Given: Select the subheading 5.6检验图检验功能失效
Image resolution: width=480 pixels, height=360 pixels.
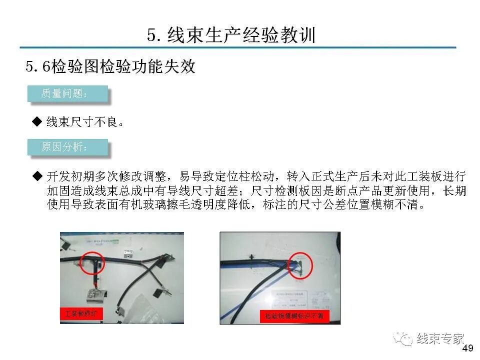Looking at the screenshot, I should click(x=110, y=67).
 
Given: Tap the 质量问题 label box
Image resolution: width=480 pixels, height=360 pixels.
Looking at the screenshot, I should click(x=67, y=94).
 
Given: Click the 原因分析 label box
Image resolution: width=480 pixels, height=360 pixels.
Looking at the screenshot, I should click(x=67, y=147).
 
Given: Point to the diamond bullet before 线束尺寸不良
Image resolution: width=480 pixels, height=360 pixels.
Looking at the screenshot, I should click(x=36, y=121).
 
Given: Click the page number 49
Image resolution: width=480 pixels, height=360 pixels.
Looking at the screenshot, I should click(x=468, y=348).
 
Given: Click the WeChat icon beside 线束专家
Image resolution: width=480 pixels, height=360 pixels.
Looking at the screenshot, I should click(x=403, y=339).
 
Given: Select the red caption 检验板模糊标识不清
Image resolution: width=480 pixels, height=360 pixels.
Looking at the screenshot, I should click(x=294, y=316).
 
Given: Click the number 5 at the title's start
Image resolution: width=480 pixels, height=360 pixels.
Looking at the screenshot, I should click(x=151, y=35).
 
